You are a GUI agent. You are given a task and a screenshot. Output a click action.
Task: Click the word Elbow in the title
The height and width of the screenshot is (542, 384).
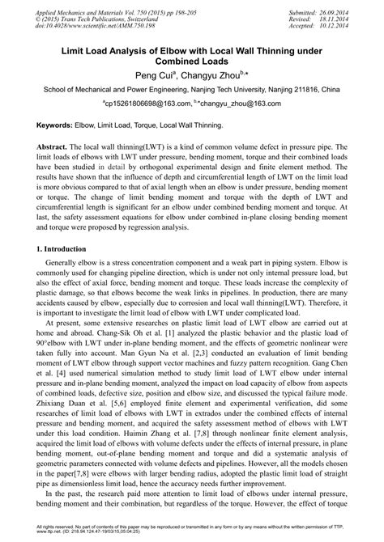173,49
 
